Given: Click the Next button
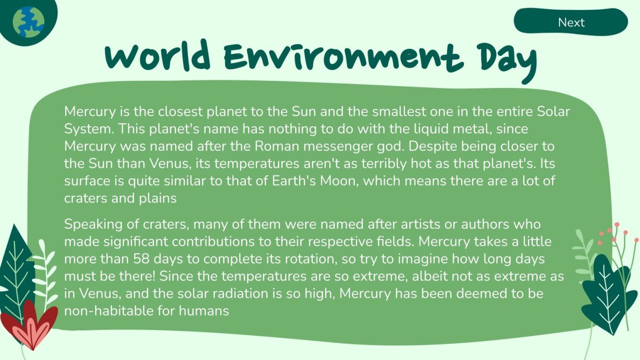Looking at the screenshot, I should click(571, 22).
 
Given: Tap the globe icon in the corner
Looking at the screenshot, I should click(28, 22).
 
